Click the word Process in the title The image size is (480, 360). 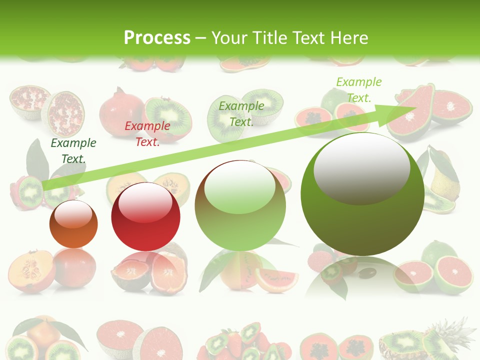click(157, 38)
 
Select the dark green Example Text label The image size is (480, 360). click(73, 151)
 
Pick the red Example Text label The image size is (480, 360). click(147, 134)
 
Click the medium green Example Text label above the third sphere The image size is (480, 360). click(241, 113)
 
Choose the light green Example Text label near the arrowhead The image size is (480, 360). click(359, 89)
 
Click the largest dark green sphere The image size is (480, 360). click(362, 200)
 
